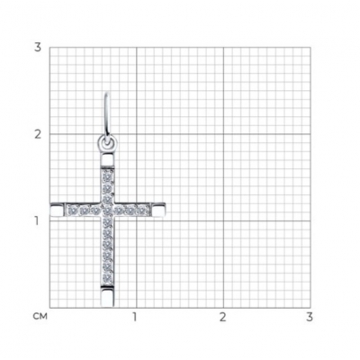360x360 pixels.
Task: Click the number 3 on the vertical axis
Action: click(x=37, y=48)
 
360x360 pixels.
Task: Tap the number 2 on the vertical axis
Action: click(x=38, y=134)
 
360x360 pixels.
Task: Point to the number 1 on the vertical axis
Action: click(x=37, y=221)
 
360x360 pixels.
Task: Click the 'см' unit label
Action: click(x=40, y=317)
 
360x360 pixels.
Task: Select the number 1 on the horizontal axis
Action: click(x=135, y=317)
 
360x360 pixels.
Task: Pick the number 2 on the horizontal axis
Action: click(x=222, y=317)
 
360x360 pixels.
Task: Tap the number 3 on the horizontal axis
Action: click(x=310, y=317)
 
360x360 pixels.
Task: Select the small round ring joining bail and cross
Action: click(x=107, y=143)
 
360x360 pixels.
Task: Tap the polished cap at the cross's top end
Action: click(x=107, y=159)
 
